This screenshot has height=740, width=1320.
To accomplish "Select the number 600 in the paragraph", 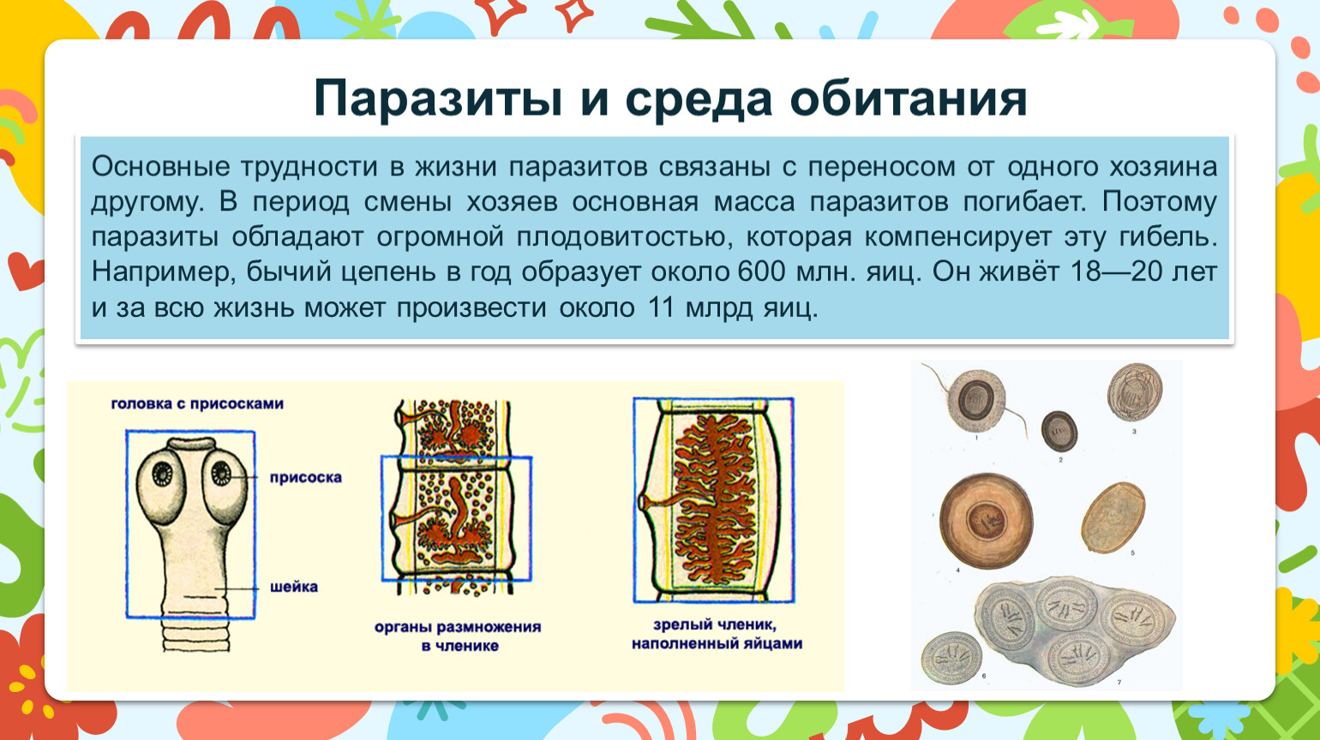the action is coord(761,272).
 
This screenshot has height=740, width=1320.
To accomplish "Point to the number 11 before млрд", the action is coord(661,307).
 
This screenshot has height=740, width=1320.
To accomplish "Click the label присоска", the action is coord(306,477).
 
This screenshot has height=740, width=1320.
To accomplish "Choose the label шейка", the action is coord(294,587).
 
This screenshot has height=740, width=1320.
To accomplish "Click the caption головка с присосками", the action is coord(197,404).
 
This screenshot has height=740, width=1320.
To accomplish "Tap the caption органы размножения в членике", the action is coord(458,636).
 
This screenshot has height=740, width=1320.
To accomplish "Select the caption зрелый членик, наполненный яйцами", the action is coord(717,634).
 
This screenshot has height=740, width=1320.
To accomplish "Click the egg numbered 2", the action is coord(1059,432).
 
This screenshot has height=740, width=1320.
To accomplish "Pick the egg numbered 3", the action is coord(1134,392).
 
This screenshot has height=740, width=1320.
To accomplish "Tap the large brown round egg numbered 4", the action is coord(986,521).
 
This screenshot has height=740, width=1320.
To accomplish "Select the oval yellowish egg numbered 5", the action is coord(1113,517).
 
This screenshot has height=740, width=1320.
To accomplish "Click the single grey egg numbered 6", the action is coord(951,658).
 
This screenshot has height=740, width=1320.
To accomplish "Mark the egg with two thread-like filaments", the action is coord(976,402).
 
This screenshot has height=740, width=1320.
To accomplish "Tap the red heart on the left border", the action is coord(25,271).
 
